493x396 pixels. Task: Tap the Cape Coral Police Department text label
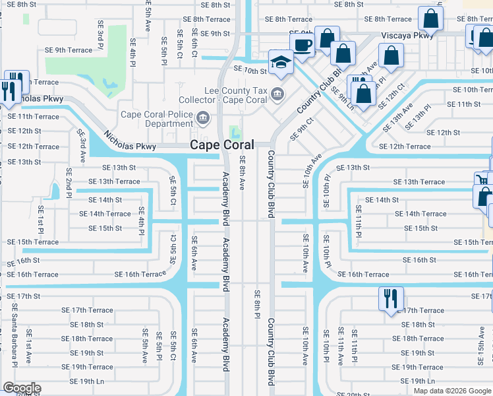[x=157, y=119]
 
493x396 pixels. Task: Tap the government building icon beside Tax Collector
[x=278, y=94]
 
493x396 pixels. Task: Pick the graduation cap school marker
[x=281, y=63]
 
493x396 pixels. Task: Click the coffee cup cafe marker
[x=303, y=46]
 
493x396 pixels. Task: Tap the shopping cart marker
[x=482, y=179]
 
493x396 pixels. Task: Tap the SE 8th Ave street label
[x=242, y=173]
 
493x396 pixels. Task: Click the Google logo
[x=22, y=388]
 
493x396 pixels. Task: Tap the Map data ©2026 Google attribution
[x=451, y=391]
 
